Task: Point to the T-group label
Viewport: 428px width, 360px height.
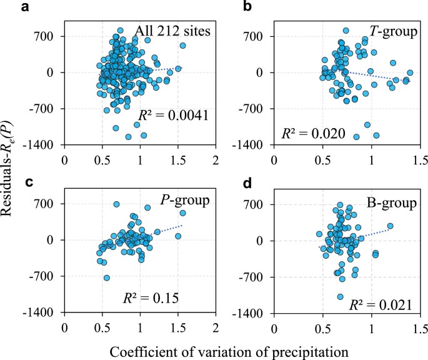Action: point(391,30)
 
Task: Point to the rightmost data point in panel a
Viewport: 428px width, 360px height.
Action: point(182,46)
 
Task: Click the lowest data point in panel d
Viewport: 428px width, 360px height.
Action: point(341,297)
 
